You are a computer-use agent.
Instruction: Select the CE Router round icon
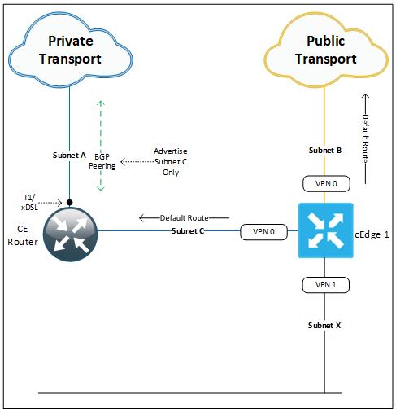point(69,231)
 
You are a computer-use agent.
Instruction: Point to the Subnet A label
point(69,155)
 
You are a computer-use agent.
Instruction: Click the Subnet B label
point(325,151)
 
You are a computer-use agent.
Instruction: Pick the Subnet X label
point(325,326)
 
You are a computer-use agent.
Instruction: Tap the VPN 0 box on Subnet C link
point(265,232)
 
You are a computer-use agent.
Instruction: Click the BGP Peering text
point(102,160)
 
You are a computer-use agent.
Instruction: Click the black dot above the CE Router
point(70,202)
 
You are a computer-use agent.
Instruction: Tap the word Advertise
point(170,152)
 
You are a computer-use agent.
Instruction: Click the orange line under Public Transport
point(325,114)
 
